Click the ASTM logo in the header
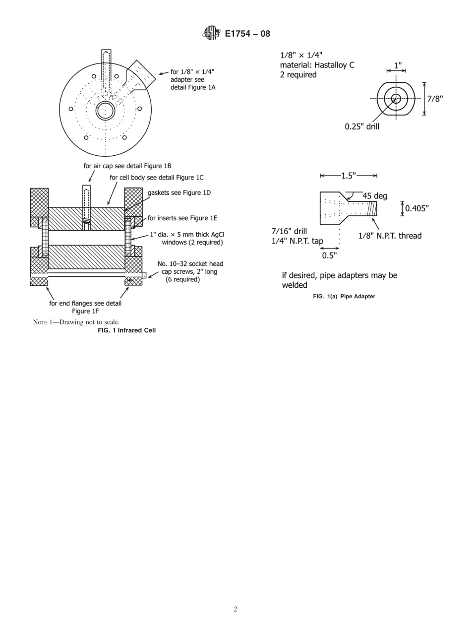(x=210, y=34)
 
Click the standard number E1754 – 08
(x=247, y=34)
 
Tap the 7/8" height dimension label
(x=435, y=99)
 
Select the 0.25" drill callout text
(x=362, y=126)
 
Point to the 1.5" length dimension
(x=349, y=176)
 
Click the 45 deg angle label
(x=374, y=196)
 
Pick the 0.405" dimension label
(x=417, y=208)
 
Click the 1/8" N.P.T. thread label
(x=390, y=236)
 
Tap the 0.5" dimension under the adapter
(x=329, y=256)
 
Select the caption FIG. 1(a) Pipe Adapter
(x=344, y=296)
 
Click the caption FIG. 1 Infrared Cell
(x=126, y=330)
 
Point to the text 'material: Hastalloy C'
(x=317, y=65)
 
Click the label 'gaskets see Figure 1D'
(x=179, y=192)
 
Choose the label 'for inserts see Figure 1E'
(x=182, y=218)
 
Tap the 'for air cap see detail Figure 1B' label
(x=127, y=166)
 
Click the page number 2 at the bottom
(x=235, y=609)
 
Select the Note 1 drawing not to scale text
(x=76, y=322)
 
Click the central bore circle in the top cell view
(x=106, y=110)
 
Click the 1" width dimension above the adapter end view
(x=398, y=65)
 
